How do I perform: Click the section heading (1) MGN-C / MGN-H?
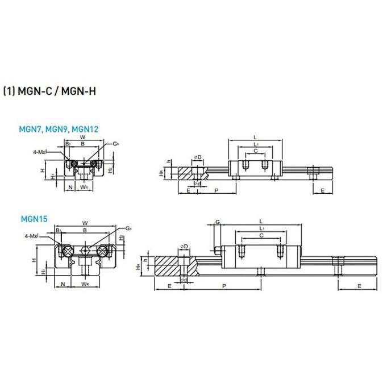point(49,91)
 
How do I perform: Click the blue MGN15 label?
point(34,217)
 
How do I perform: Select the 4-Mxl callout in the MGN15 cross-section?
point(32,235)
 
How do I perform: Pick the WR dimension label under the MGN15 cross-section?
point(84,283)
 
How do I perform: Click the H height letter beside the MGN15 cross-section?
point(35,260)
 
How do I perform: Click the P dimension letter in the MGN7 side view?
point(217,190)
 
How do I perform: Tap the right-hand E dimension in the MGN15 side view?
point(359,286)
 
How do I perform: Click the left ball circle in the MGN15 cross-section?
point(66,250)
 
